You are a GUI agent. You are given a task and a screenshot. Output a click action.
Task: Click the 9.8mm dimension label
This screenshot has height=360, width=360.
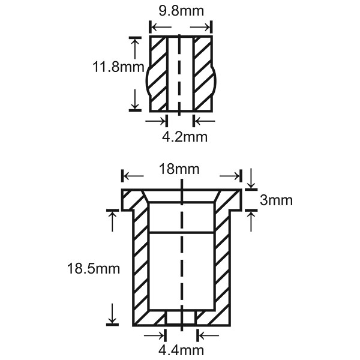pos(181,11)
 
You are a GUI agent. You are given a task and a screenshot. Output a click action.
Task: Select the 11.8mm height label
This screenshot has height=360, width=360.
pos(118,67)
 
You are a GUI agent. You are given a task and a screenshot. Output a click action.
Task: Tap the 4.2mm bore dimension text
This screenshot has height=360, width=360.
pos(185,137)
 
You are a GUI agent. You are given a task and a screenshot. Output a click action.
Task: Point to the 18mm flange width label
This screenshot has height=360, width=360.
pos(179,169)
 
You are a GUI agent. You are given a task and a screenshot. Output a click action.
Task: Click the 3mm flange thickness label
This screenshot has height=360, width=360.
pos(276,200)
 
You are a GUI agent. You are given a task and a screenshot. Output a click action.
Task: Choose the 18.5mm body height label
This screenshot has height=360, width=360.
pos(94,268)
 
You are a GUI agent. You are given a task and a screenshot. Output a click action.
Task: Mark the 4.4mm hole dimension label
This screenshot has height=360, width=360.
pos(181,350)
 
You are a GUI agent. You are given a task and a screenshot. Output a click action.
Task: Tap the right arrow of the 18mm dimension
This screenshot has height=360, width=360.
pos(229,176)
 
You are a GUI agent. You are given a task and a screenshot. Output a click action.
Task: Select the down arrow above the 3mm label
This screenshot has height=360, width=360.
pos(251,178)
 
